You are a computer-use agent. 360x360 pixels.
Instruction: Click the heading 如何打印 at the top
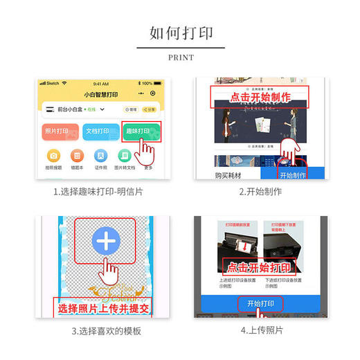point(180,33)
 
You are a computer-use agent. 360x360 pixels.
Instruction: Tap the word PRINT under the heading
point(180,57)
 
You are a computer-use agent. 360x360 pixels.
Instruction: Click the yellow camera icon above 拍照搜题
point(53,155)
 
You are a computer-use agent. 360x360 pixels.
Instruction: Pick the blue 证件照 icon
point(100,155)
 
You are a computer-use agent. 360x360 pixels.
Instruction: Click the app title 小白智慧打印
point(100,93)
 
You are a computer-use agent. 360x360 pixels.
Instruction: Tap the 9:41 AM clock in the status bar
point(100,83)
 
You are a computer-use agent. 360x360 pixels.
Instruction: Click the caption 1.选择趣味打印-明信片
point(99,192)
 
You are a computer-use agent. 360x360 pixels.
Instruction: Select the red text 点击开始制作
point(259,98)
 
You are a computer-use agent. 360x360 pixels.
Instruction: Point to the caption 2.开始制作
point(260,192)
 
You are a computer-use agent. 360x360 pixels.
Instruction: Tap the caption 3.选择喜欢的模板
point(106,330)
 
